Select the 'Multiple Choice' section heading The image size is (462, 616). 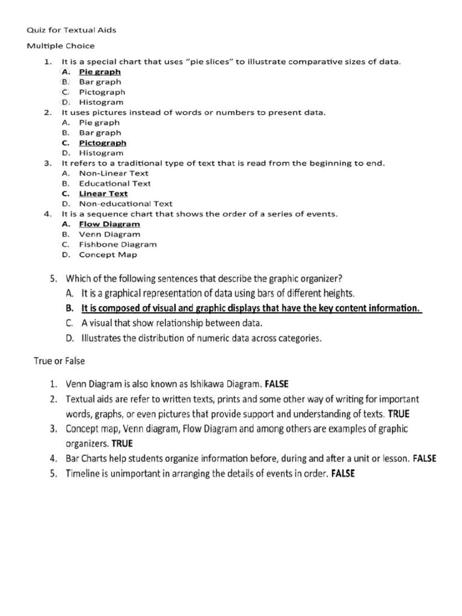[x=61, y=46]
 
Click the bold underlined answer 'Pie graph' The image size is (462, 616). [x=100, y=72]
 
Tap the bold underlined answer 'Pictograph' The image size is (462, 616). [x=102, y=143]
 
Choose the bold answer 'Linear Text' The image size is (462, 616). [x=103, y=194]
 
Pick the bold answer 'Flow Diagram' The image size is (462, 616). [x=109, y=224]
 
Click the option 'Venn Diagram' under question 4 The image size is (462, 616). [x=109, y=234]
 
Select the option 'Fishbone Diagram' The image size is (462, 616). [x=118, y=244]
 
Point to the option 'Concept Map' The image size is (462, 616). [x=108, y=254]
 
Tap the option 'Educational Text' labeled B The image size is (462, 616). [x=114, y=183]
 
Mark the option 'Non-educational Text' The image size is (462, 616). [x=126, y=204]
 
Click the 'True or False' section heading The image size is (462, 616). [x=59, y=362]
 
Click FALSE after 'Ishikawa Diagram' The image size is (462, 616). [x=277, y=384]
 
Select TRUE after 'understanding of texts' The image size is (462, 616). [x=399, y=414]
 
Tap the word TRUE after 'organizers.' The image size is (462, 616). [x=122, y=444]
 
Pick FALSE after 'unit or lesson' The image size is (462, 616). [x=425, y=458]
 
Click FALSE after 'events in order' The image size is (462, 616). [x=343, y=473]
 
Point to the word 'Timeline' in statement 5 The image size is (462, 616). [x=84, y=473]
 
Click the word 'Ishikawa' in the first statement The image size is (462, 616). [x=207, y=384]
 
